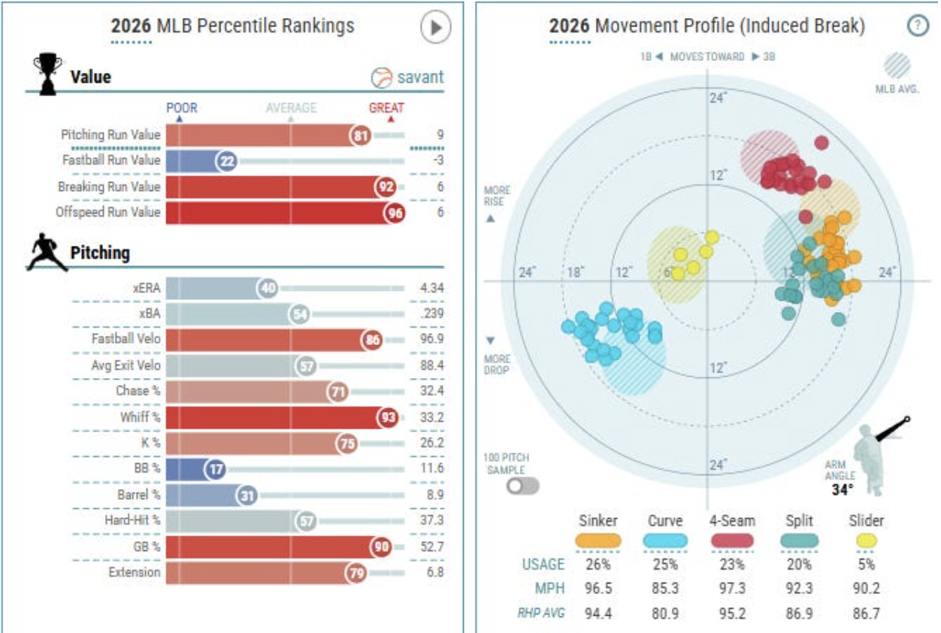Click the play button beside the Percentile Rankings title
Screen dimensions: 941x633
click(436, 27)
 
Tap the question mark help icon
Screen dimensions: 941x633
click(918, 26)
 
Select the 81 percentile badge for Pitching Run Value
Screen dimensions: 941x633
click(361, 135)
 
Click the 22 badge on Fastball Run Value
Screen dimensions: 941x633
click(226, 161)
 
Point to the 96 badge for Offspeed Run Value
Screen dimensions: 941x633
click(395, 213)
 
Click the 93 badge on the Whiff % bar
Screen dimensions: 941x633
click(388, 417)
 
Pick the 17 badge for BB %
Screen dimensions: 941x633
click(215, 469)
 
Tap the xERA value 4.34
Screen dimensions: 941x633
click(432, 289)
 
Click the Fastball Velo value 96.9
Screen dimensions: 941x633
click(432, 339)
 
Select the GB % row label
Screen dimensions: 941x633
click(147, 547)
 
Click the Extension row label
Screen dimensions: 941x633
click(135, 572)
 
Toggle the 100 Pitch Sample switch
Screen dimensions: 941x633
click(523, 486)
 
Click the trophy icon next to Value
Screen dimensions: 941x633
click(47, 74)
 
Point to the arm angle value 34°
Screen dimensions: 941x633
click(843, 490)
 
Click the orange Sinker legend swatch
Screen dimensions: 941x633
click(598, 541)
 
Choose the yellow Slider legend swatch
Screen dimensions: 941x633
click(867, 541)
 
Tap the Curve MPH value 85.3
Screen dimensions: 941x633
click(665, 589)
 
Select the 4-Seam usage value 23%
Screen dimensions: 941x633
click(732, 564)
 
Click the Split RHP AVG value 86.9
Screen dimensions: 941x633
click(799, 613)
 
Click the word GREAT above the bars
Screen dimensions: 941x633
click(386, 108)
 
